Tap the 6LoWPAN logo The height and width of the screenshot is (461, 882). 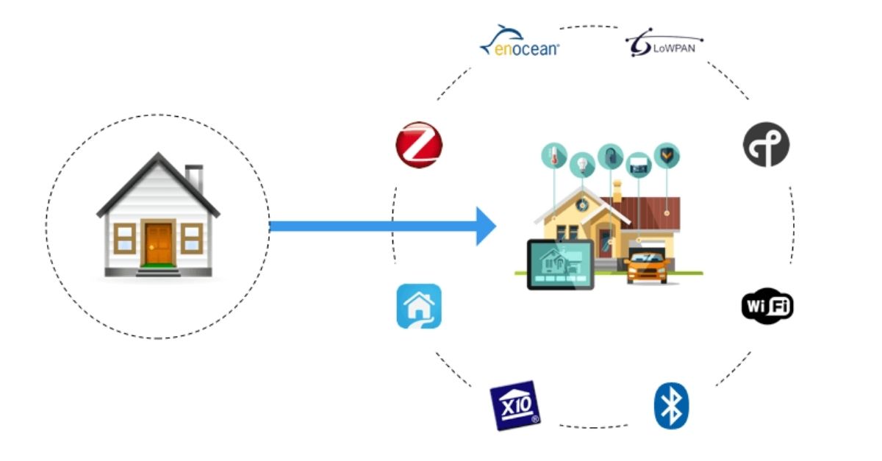click(664, 46)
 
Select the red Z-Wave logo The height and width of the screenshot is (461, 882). click(418, 145)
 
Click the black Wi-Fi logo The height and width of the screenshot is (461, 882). click(767, 306)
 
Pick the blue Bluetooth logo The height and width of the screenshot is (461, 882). click(671, 406)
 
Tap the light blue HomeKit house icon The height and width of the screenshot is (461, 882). click(419, 306)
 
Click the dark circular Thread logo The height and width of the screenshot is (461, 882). click(766, 144)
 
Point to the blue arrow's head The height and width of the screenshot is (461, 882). click(485, 226)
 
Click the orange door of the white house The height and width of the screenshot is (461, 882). click(158, 242)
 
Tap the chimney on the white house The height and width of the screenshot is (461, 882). click(194, 177)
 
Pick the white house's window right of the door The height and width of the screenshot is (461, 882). click(191, 237)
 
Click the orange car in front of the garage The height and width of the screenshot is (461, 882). click(647, 266)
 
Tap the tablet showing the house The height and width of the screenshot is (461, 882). click(559, 264)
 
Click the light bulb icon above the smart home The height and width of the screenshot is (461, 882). click(583, 163)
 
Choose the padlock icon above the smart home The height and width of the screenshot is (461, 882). click(610, 155)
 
